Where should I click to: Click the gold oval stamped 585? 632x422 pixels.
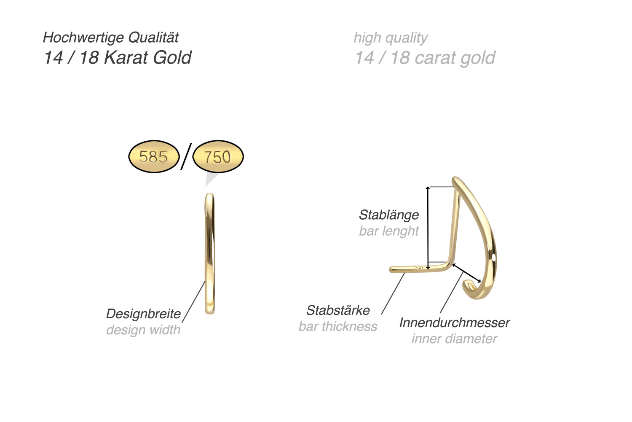(x=153, y=157)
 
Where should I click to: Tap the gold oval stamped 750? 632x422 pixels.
(x=218, y=157)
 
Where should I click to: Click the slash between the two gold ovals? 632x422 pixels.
(x=186, y=156)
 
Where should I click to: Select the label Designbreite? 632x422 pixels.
(x=143, y=314)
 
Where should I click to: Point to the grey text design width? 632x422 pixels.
(x=143, y=330)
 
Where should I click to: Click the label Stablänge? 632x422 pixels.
(x=388, y=215)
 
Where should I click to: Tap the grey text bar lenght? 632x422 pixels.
(x=388, y=231)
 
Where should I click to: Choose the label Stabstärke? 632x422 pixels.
(x=338, y=310)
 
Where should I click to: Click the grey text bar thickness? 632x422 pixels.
(x=338, y=326)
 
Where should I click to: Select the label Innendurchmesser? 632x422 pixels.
(x=454, y=323)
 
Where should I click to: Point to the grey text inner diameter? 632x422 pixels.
(x=454, y=339)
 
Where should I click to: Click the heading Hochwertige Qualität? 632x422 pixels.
(x=111, y=38)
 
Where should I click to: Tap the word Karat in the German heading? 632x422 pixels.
(x=126, y=58)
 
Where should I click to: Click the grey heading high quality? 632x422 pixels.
(x=391, y=38)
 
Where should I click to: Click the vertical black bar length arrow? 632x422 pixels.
(x=428, y=228)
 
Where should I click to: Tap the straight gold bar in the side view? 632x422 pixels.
(x=210, y=253)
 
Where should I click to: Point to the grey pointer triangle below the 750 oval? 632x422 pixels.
(x=210, y=180)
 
